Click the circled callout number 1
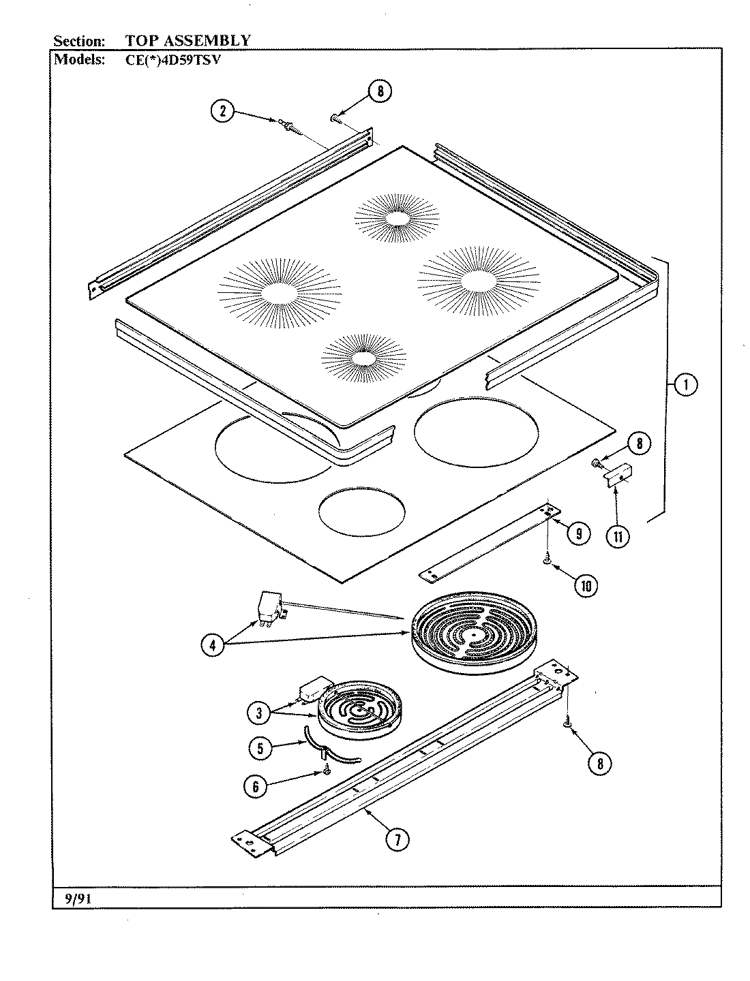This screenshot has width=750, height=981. click(685, 385)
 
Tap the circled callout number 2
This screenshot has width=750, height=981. click(222, 111)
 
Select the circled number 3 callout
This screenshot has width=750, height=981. click(258, 713)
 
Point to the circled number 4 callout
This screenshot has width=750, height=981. click(212, 644)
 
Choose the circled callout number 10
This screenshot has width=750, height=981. click(586, 585)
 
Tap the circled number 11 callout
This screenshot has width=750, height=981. click(618, 536)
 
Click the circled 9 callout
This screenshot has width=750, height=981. click(578, 533)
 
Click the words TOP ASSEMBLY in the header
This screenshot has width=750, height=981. click(187, 40)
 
